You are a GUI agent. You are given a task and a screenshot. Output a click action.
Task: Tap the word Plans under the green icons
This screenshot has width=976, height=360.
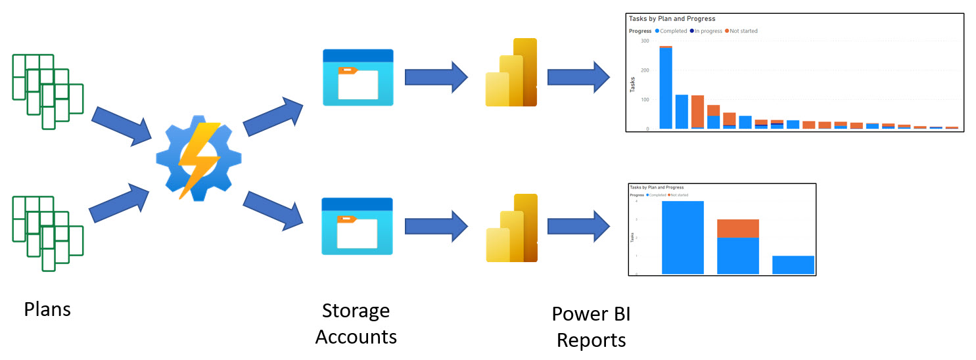click(47, 309)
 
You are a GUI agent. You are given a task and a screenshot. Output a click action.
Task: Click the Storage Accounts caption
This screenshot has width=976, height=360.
click(356, 323)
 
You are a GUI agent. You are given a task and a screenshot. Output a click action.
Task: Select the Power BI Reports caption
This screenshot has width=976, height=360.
click(591, 326)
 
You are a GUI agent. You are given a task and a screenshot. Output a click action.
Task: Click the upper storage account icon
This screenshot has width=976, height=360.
click(358, 78)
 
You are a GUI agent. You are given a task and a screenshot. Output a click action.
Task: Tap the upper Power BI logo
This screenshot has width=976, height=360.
click(511, 73)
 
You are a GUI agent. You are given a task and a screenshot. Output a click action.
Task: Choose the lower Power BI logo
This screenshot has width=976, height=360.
click(511, 228)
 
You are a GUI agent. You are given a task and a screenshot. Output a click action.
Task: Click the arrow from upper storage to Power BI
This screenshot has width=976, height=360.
click(436, 78)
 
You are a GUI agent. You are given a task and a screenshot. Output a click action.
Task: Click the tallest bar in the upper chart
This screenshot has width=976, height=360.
click(666, 89)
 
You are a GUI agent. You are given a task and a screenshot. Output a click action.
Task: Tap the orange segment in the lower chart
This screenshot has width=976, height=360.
click(737, 228)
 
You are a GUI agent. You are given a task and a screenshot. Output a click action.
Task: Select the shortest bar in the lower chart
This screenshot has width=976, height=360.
click(793, 265)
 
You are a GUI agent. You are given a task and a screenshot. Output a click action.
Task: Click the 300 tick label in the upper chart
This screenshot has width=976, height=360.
click(645, 41)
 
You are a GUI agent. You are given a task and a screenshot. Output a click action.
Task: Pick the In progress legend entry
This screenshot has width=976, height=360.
click(706, 31)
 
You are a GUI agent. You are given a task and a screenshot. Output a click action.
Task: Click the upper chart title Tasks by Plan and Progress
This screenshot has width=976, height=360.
click(672, 19)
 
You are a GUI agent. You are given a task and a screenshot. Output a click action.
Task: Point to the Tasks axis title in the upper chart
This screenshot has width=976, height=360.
click(633, 85)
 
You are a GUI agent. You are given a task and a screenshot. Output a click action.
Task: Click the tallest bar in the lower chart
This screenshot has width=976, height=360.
click(682, 237)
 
